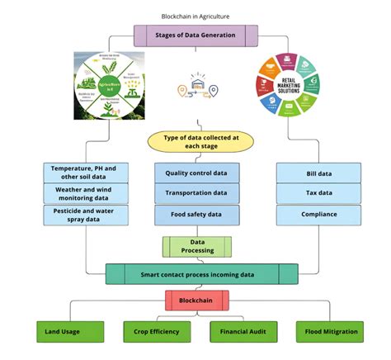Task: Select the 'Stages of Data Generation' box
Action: click(x=195, y=35)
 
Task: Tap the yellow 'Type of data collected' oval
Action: click(x=195, y=140)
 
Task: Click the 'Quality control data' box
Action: click(x=197, y=173)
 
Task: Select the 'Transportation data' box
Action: click(x=197, y=194)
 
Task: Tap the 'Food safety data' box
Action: click(x=197, y=216)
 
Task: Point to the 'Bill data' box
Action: click(x=318, y=173)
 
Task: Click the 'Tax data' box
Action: click(x=318, y=194)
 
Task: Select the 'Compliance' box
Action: click(x=318, y=216)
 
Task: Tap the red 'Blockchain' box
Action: click(x=195, y=301)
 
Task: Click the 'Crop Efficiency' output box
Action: click(x=156, y=332)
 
